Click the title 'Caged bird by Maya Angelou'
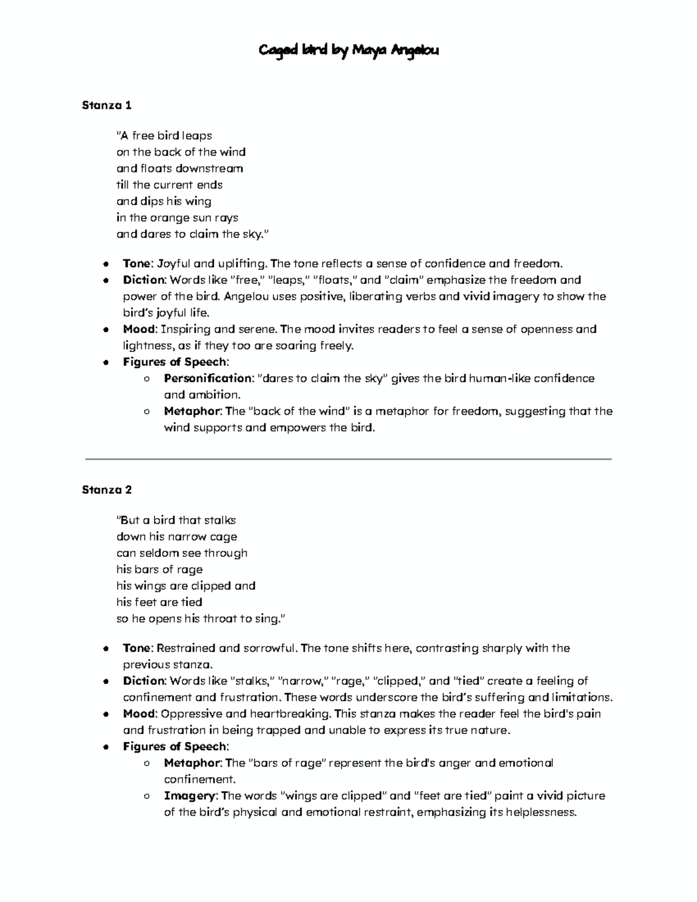348,51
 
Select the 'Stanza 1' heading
107,105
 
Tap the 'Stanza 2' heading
107,490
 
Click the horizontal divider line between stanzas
348,459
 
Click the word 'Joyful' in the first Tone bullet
175,264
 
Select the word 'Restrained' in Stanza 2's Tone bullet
185,648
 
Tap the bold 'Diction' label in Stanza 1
144,280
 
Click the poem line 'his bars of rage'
159,569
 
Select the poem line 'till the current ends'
169,185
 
